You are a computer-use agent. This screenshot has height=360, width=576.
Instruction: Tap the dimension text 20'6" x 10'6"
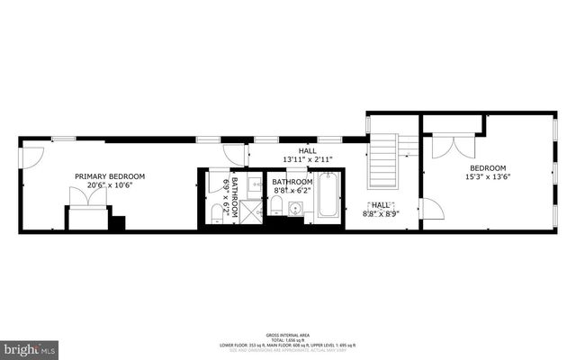[110, 185]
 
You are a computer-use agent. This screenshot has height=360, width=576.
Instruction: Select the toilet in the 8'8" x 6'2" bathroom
[276, 208]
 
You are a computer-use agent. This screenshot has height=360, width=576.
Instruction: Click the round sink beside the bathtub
[295, 211]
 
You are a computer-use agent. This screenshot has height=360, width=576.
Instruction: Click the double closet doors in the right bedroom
[451, 147]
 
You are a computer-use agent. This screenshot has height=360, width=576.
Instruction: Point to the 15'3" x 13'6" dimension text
[487, 177]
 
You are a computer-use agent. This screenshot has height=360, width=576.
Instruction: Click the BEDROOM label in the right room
[487, 167]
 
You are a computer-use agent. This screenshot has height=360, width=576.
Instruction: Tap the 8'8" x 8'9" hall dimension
[381, 214]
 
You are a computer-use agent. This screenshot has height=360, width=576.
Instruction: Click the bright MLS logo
[30, 347]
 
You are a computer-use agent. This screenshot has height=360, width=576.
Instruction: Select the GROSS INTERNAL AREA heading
[287, 332]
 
